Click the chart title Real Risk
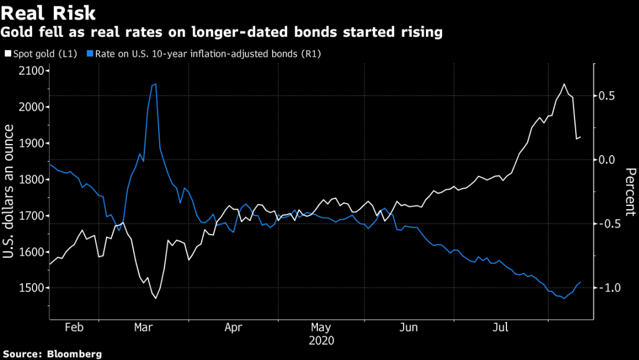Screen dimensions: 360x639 (x=49, y=13)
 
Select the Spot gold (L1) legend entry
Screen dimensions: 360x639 (x=40, y=53)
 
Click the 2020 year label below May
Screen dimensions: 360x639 (x=321, y=341)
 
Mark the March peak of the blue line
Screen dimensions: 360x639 (x=155, y=84)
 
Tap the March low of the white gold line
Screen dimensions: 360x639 (x=156, y=298)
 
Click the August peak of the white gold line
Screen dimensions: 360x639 (x=564, y=84)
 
